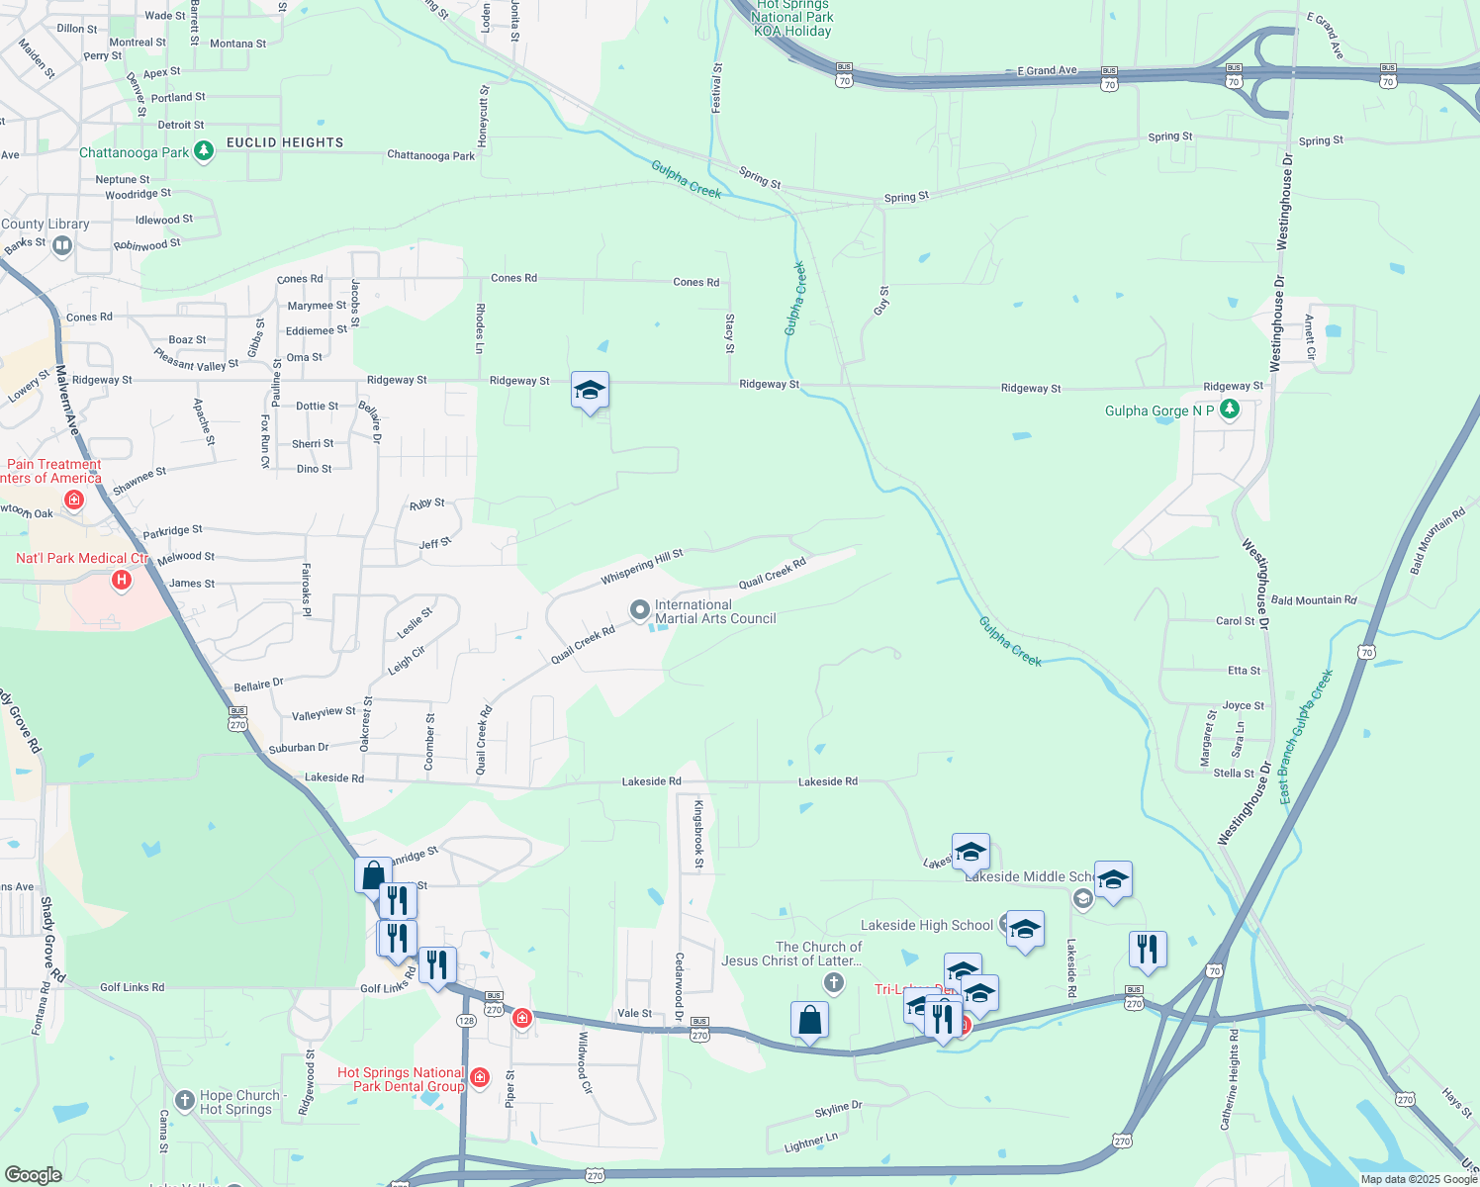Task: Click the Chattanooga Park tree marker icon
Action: tap(204, 151)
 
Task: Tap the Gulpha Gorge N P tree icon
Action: tap(1230, 410)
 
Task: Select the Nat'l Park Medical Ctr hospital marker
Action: tap(122, 579)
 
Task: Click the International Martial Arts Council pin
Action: tap(640, 609)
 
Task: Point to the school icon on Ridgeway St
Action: tap(590, 391)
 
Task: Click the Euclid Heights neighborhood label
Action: tap(285, 142)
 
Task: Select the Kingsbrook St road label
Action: tap(698, 835)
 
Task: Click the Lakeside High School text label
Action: tap(926, 926)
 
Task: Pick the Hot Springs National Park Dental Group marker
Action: tap(480, 1077)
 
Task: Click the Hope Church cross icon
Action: tap(185, 1100)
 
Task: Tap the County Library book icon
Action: tap(62, 244)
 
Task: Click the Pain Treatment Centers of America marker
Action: tap(73, 501)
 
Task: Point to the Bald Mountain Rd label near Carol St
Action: tap(1314, 600)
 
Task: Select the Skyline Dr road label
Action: tap(838, 1110)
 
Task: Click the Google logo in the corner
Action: tap(34, 1175)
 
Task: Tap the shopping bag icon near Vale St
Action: tap(809, 1020)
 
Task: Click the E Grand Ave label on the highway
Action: tap(1047, 71)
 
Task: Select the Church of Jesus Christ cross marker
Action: tap(834, 982)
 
